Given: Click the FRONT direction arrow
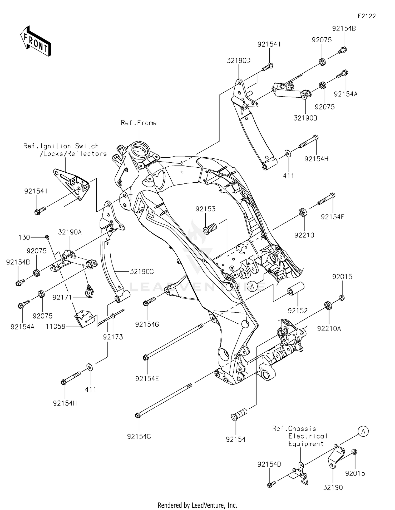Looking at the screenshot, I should coord(36,42).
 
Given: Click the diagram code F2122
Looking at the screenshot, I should coord(367,16).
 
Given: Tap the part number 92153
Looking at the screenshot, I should coord(205,209).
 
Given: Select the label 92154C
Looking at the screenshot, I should coord(139,437).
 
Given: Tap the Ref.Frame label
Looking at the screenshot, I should coord(139,123).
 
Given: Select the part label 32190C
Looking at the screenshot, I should coord(142,272).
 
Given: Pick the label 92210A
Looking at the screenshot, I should coord(329,328).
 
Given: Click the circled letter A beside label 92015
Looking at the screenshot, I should coord(363,432).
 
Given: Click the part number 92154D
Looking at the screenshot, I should coord(269,464).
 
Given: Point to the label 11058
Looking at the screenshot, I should coord(55,327).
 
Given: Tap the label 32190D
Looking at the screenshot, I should coord(238,61).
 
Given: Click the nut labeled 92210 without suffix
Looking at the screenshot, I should coord(303,212).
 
